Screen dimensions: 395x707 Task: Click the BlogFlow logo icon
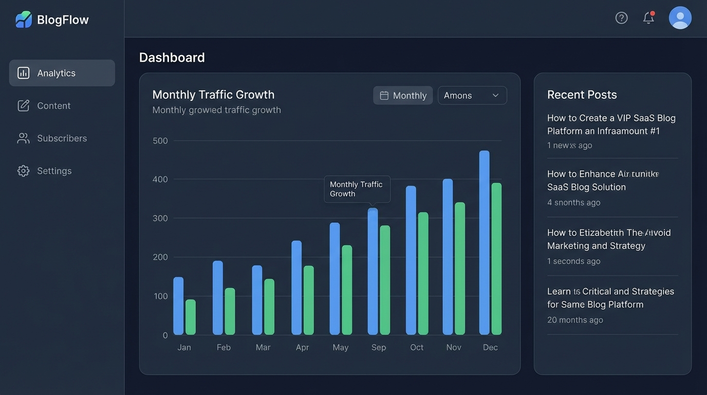click(24, 20)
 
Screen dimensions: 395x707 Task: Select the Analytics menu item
click(62, 73)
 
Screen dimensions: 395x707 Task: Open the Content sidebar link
click(53, 105)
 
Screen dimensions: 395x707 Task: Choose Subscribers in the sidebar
click(62, 138)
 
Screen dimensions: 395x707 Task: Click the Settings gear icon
click(24, 171)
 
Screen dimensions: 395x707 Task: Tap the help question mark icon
click(621, 18)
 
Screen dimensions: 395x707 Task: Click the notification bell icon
click(648, 18)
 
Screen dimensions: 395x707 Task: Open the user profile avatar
click(680, 18)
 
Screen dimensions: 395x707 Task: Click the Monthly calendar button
click(403, 95)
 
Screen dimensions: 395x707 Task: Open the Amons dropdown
click(472, 95)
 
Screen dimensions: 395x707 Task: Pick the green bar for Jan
click(191, 317)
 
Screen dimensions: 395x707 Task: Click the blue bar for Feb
click(218, 298)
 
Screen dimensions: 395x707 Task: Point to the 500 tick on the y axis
click(160, 140)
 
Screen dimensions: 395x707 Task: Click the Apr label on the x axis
click(302, 347)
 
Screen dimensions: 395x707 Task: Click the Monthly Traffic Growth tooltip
click(357, 189)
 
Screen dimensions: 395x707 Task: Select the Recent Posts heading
click(582, 95)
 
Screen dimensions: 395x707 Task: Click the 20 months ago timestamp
click(575, 320)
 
